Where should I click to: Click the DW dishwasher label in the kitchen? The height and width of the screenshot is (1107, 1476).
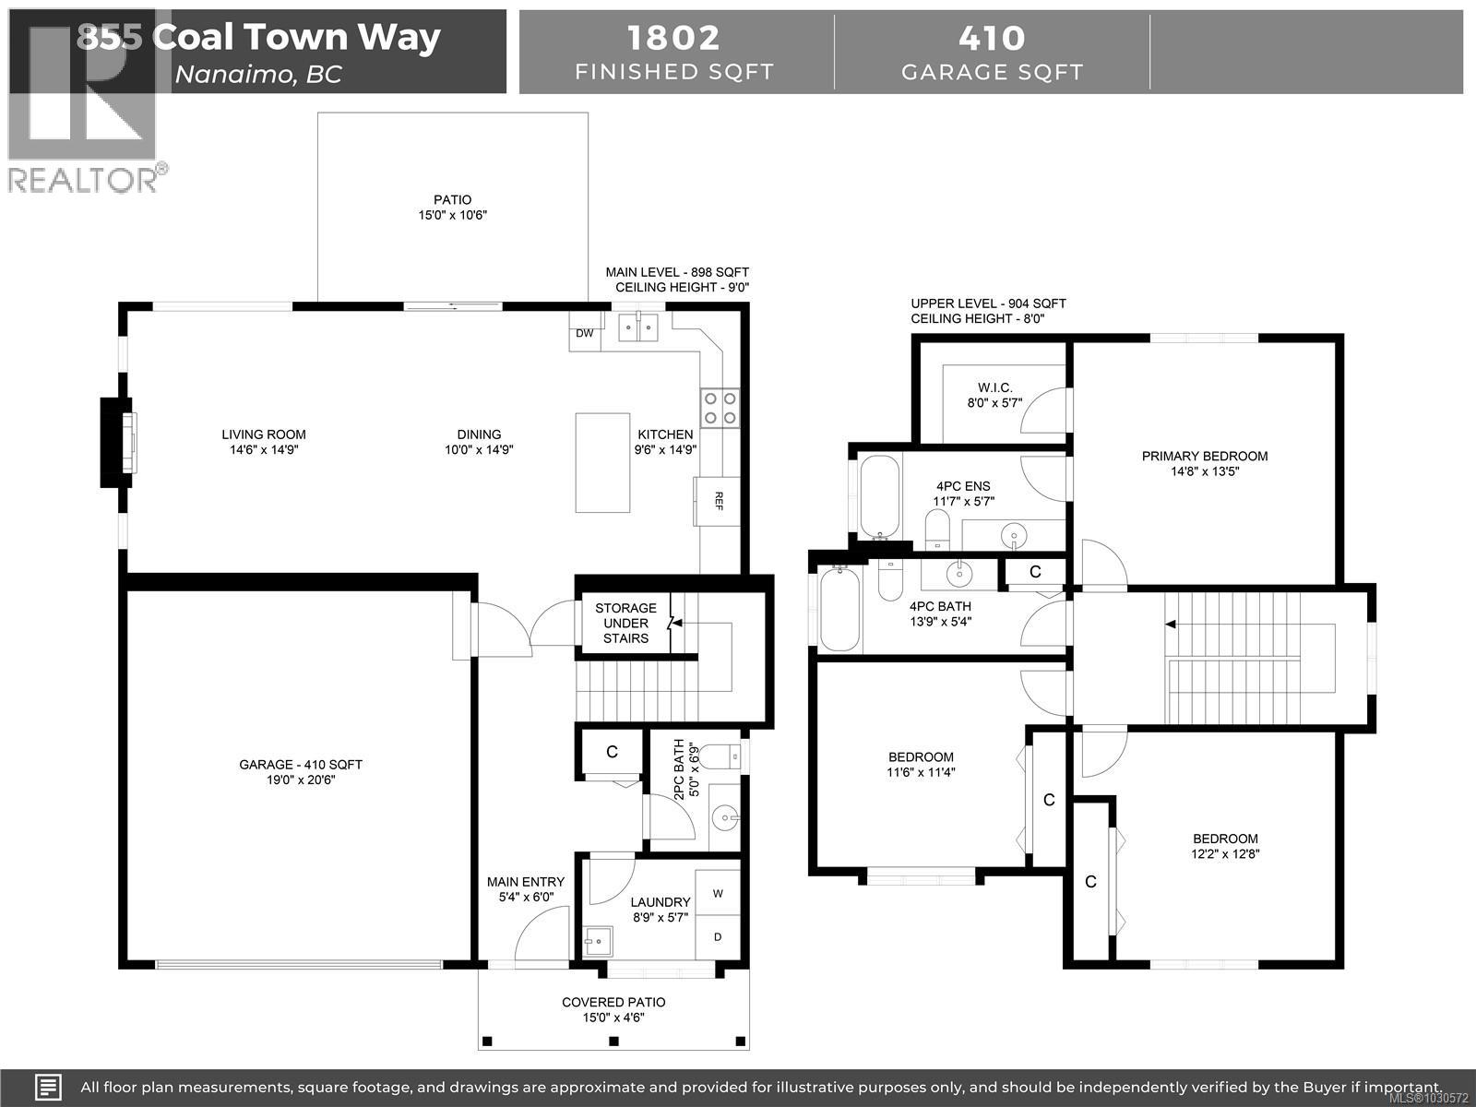pyautogui.click(x=585, y=333)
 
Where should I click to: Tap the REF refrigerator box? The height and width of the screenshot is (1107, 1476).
pyautogui.click(x=717, y=501)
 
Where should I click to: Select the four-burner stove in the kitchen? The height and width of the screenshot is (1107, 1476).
pyautogui.click(x=720, y=408)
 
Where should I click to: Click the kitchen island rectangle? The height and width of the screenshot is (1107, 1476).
pyautogui.click(x=603, y=462)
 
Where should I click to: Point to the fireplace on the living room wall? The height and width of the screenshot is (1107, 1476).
pyautogui.click(x=117, y=442)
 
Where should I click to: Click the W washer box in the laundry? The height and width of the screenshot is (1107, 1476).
pyautogui.click(x=718, y=893)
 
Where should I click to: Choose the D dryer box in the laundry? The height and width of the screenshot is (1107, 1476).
pyautogui.click(x=718, y=937)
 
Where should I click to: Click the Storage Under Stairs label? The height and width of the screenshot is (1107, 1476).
pyautogui.click(x=625, y=623)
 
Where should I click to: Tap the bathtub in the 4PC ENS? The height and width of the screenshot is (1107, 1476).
pyautogui.click(x=878, y=496)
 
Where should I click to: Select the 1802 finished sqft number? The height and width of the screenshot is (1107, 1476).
pyautogui.click(x=673, y=38)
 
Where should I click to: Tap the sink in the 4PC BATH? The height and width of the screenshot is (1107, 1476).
pyautogui.click(x=960, y=573)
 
